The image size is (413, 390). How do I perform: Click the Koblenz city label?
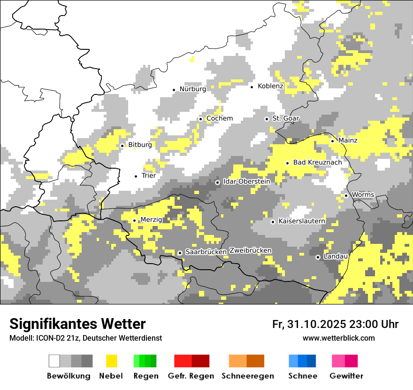pyautogui.click(x=270, y=86)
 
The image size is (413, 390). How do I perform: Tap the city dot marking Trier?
pyautogui.click(x=136, y=176)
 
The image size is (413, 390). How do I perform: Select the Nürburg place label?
pyautogui.click(x=192, y=89)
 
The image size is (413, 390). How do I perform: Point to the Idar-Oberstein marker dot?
pyautogui.click(x=217, y=182)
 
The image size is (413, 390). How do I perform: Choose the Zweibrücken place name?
pyautogui.click(x=251, y=250)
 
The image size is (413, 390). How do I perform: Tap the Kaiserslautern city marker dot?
pyautogui.click(x=273, y=221)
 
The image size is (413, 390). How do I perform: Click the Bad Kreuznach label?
pyautogui.click(x=317, y=162)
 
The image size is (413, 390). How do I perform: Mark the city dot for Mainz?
pyautogui.click(x=332, y=141)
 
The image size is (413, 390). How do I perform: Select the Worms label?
pyautogui.click(x=363, y=195)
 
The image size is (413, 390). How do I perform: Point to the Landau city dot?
pyautogui.click(x=318, y=257)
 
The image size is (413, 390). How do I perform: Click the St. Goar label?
pyautogui.click(x=285, y=118)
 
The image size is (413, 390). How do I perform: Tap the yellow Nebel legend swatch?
pyautogui.click(x=112, y=361)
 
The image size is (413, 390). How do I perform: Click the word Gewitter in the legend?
pyautogui.click(x=346, y=376)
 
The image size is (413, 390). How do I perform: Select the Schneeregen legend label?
pyautogui.click(x=248, y=376)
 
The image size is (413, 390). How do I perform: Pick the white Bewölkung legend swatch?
pyautogui.click(x=54, y=361)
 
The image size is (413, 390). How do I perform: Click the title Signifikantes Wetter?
pyautogui.click(x=77, y=324)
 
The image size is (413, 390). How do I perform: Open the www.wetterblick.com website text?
pyautogui.click(x=338, y=338)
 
